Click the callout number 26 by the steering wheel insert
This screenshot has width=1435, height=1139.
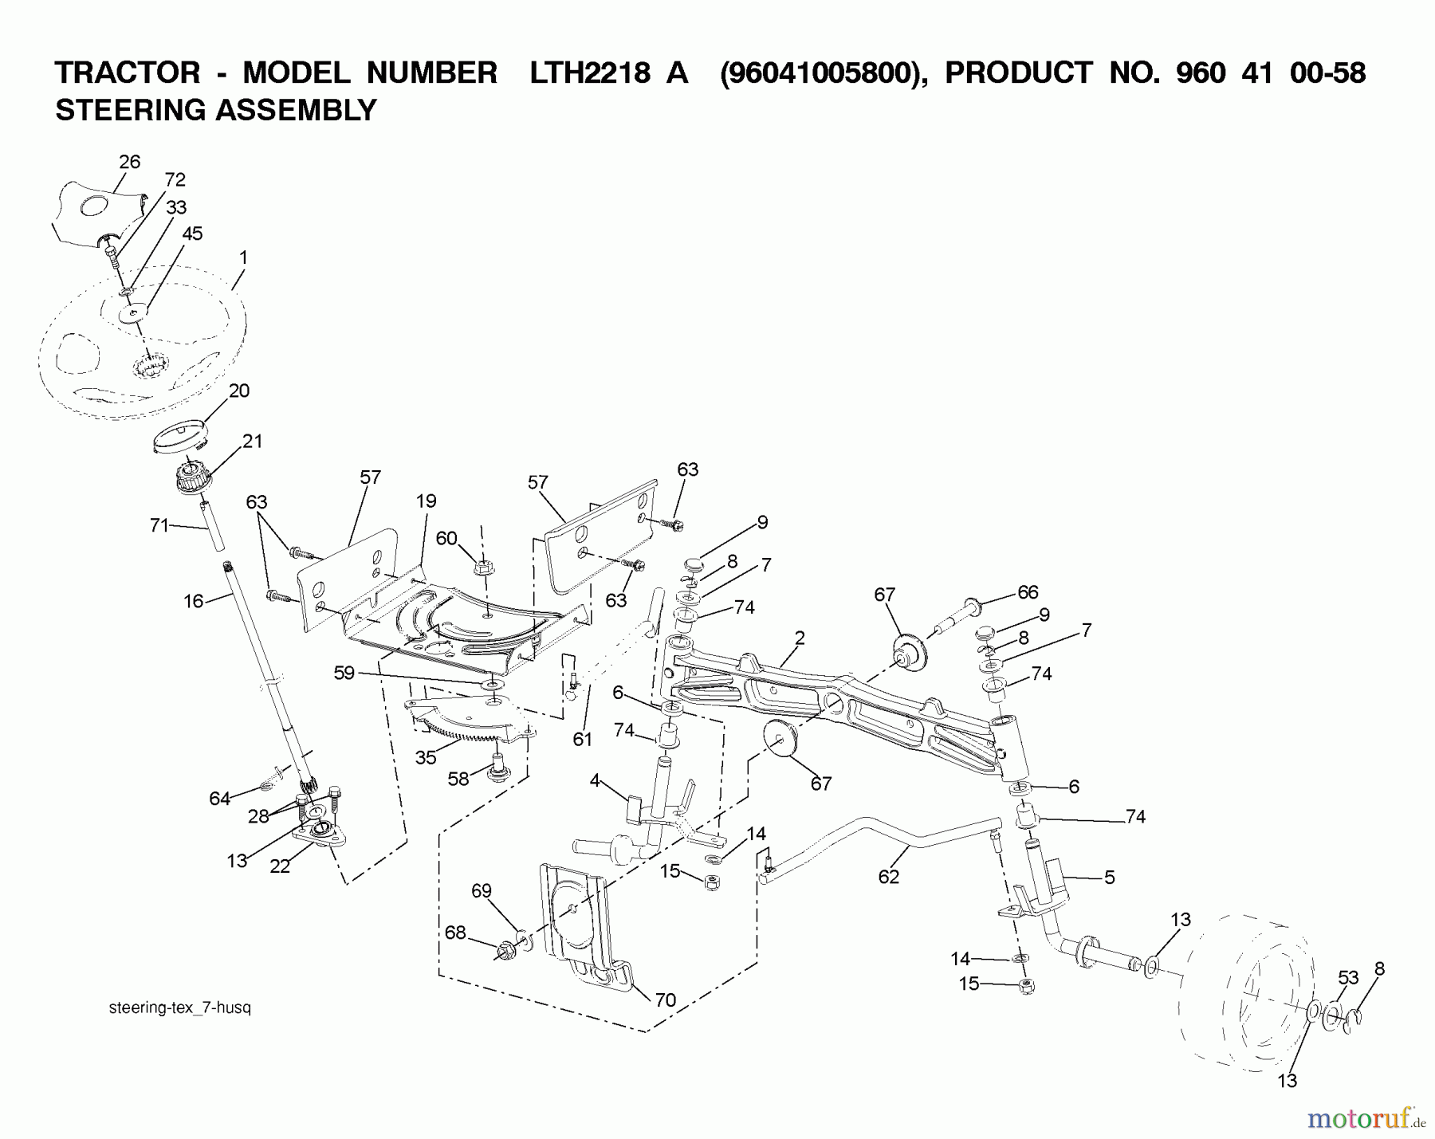[129, 162]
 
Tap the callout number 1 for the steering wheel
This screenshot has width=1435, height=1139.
[243, 257]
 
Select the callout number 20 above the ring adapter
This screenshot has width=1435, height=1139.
[238, 391]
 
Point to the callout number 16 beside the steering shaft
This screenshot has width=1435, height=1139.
[194, 601]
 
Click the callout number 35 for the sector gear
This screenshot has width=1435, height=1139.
[425, 757]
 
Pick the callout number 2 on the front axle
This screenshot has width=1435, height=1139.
[800, 638]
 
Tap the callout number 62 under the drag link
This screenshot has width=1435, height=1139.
[888, 877]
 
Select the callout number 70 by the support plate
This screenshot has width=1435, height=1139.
[665, 1000]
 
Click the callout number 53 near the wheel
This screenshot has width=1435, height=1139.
[1347, 978]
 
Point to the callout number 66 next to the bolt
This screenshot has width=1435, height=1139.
[1028, 591]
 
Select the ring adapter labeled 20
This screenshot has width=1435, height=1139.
[181, 438]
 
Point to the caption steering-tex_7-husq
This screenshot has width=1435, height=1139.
[179, 1007]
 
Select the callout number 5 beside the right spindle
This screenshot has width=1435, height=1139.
[1109, 878]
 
